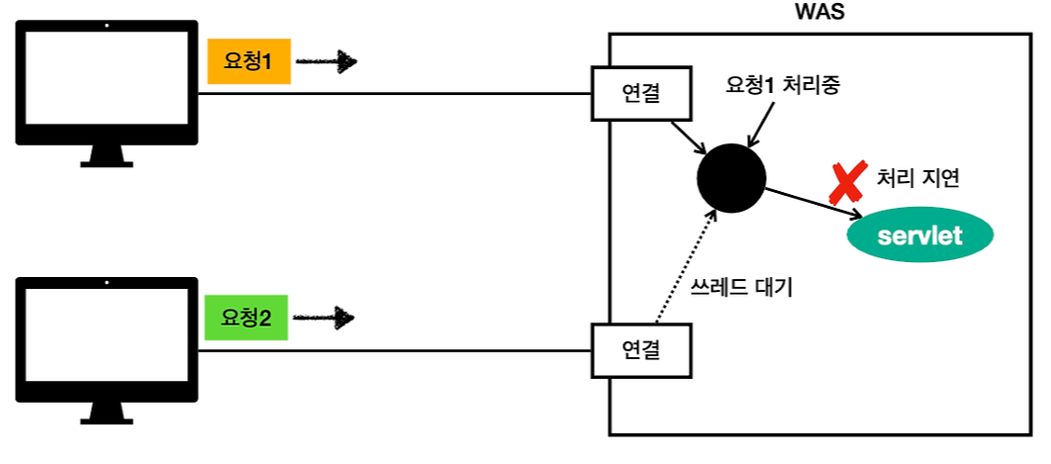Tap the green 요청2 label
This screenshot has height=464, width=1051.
tap(245, 318)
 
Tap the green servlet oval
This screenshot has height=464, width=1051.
tap(919, 235)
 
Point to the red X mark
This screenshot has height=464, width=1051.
tap(844, 183)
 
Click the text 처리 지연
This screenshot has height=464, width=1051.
tap(918, 179)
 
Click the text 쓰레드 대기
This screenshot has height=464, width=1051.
tap(741, 291)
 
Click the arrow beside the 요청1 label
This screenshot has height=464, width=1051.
tap(326, 62)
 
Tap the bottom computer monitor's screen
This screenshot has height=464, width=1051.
tap(107, 336)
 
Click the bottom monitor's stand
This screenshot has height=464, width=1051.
tap(107, 412)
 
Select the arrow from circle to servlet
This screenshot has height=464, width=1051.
tap(812, 203)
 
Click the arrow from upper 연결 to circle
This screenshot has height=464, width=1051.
tap(688, 138)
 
